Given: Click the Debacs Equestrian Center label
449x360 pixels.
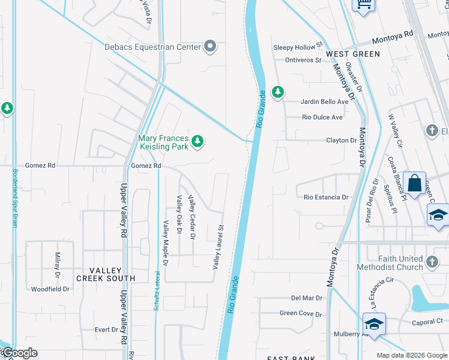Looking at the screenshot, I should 153,46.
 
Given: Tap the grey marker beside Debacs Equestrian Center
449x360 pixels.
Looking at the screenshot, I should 210,46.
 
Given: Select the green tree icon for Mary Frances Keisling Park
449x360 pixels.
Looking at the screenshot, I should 197,142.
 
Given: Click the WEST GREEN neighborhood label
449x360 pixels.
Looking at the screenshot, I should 353,54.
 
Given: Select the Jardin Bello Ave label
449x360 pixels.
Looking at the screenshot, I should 325,101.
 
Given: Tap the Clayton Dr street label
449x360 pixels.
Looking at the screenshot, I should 341,140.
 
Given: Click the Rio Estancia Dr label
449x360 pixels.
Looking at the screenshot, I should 326,197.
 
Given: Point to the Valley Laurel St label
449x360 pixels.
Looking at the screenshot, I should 217,246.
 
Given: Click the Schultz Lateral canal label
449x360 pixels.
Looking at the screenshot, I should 157,289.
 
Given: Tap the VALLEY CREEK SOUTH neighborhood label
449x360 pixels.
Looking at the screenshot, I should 106,274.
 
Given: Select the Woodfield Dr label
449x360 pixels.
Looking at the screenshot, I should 50,289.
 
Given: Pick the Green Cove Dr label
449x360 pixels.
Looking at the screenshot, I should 301,313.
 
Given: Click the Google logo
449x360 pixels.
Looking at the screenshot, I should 19,353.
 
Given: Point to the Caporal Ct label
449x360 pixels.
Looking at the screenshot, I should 427,322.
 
